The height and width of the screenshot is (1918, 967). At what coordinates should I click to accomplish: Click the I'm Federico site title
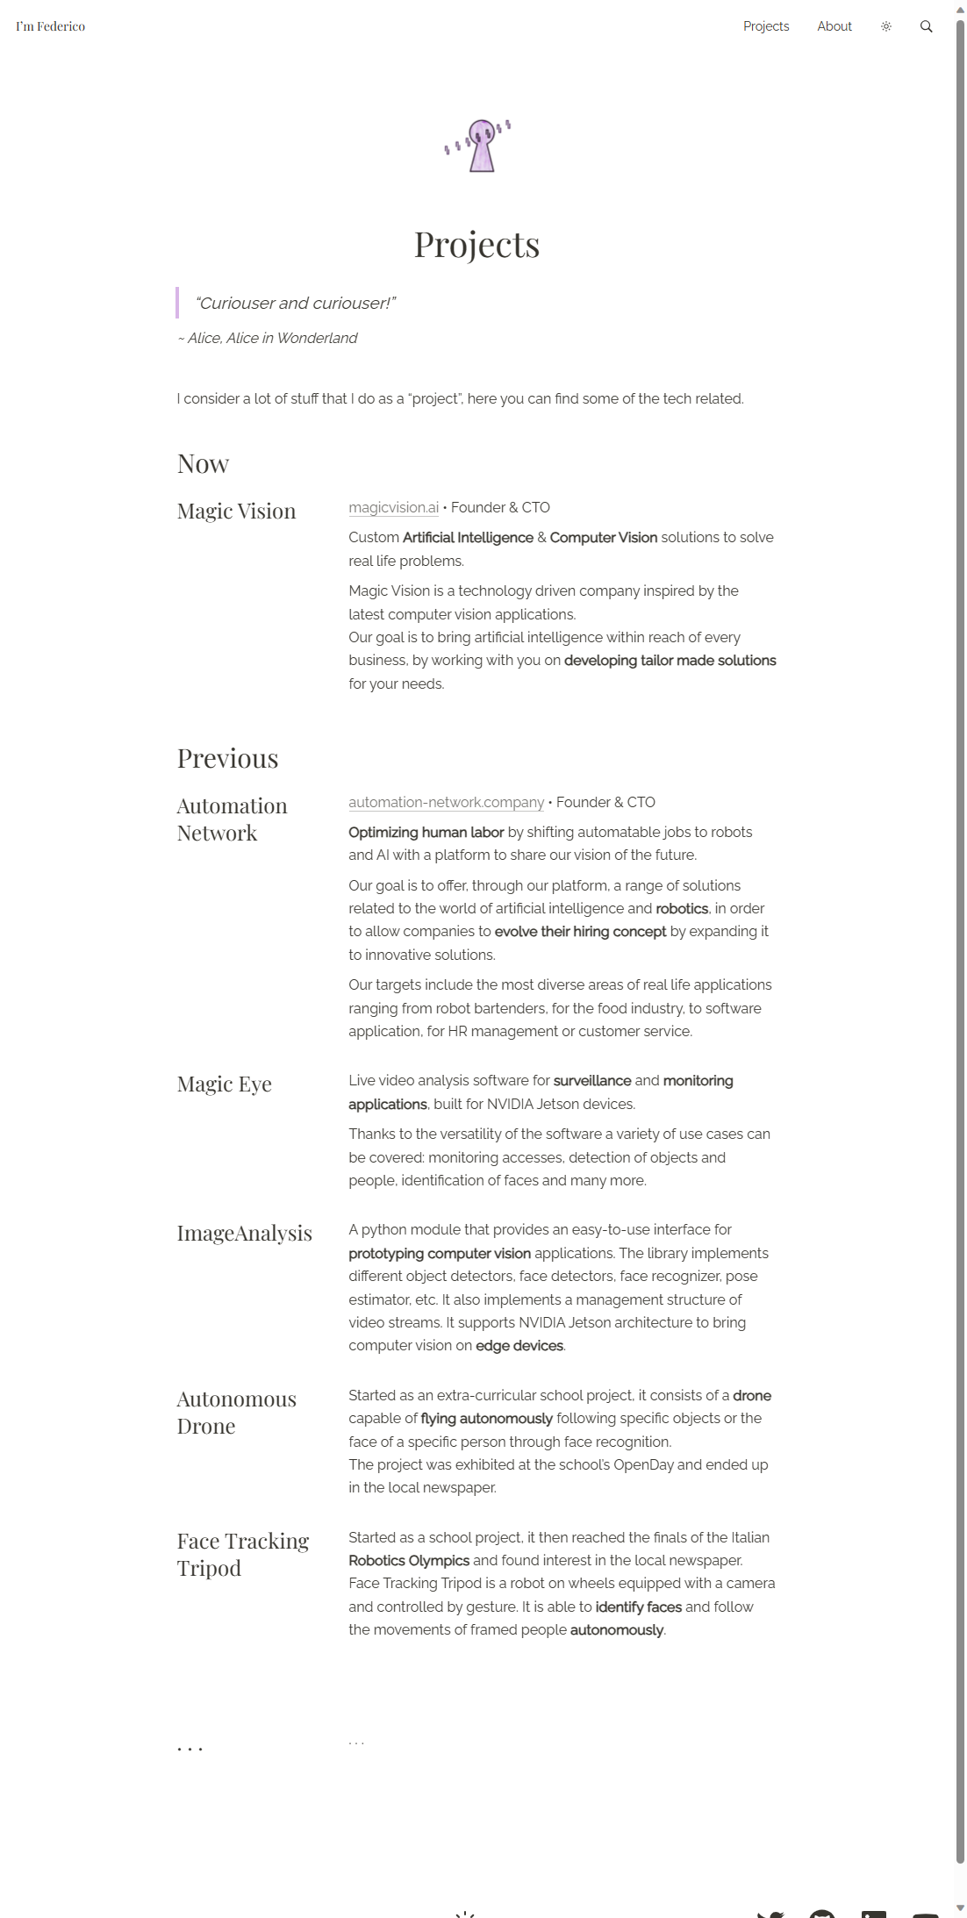tap(50, 26)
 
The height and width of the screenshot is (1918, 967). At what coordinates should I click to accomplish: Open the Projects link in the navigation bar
tap(765, 26)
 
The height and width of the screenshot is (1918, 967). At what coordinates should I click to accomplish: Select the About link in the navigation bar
tap(834, 26)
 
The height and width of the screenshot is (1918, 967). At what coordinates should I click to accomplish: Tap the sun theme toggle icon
tap(885, 26)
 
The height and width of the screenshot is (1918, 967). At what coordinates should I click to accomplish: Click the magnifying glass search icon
tap(926, 26)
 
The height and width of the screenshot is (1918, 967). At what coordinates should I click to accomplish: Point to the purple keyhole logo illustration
tap(479, 146)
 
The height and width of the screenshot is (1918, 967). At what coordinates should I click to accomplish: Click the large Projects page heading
tap(476, 245)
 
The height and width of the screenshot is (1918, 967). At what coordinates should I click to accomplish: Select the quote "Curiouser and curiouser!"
tap(295, 304)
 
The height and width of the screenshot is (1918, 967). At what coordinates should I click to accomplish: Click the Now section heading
tap(203, 464)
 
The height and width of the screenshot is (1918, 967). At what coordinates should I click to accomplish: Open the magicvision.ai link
tap(393, 508)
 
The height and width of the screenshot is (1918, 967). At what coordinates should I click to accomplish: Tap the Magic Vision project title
tap(236, 512)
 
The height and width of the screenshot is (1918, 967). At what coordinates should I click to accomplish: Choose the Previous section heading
tap(227, 759)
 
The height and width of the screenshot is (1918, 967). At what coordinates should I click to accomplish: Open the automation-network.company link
tap(446, 803)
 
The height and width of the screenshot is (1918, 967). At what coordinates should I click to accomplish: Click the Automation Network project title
tap(232, 819)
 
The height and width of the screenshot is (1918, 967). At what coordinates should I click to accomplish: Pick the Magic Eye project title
tap(224, 1084)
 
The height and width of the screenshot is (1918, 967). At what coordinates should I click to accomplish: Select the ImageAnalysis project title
tap(244, 1234)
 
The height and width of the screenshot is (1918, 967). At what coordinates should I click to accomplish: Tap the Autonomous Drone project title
tap(236, 1413)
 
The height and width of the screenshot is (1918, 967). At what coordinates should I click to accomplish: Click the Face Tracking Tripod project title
tap(242, 1555)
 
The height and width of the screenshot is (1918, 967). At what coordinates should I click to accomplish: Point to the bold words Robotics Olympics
tap(408, 1561)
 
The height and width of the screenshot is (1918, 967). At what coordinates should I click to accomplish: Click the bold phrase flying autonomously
tap(486, 1419)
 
